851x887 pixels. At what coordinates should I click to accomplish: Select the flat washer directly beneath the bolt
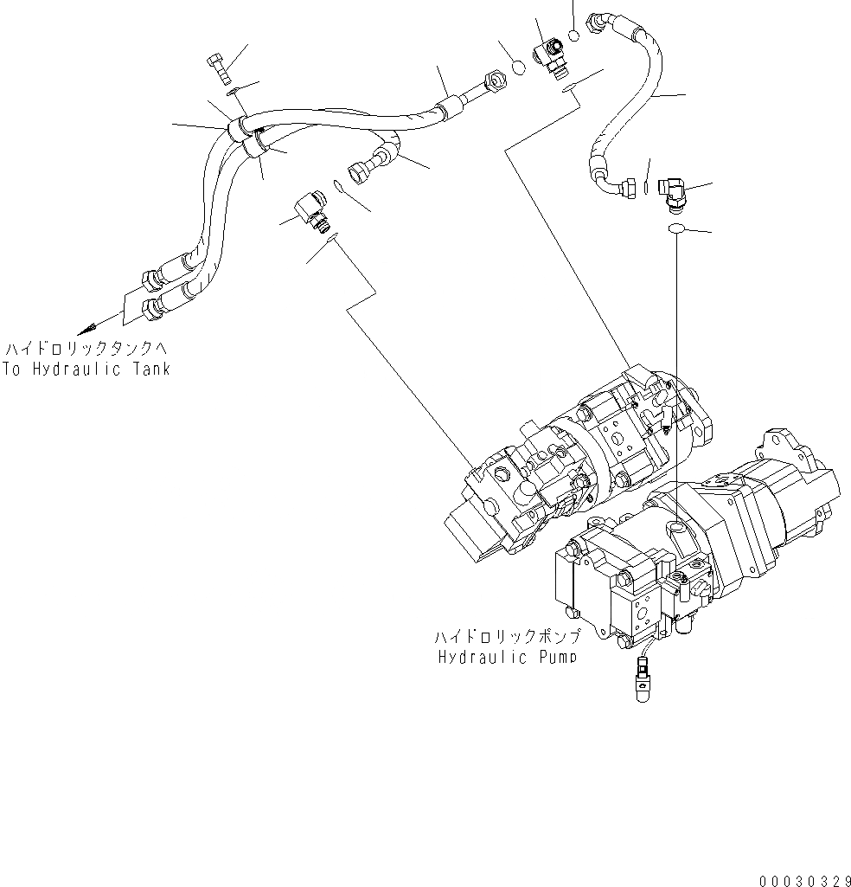[231, 91]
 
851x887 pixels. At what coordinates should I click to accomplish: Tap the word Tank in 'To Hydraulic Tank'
[150, 370]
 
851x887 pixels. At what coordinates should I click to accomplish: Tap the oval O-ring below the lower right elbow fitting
[677, 228]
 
